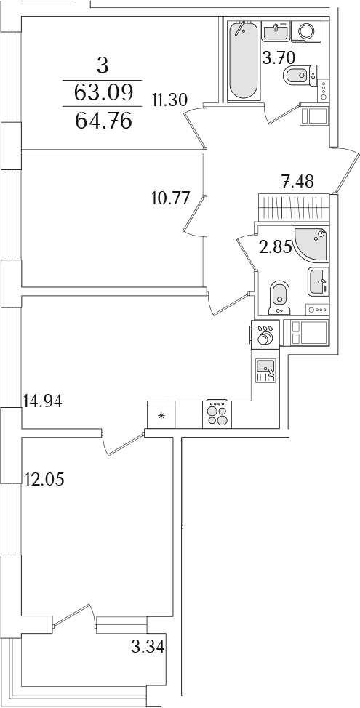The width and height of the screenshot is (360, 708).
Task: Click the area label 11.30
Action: point(169,100)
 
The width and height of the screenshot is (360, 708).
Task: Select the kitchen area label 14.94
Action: point(43,401)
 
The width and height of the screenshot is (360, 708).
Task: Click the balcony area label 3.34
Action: point(147,648)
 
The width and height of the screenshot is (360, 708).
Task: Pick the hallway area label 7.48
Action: point(297,182)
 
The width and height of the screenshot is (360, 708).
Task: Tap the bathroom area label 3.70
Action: point(279,58)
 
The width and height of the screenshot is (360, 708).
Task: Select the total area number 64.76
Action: point(103,121)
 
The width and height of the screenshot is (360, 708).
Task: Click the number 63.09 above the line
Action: point(103,93)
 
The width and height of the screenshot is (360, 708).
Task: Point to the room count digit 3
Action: point(103,66)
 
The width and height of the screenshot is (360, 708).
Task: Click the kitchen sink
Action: point(265,370)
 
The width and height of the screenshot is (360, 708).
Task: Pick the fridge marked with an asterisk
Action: point(161,414)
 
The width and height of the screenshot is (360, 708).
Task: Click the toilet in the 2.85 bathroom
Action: point(279,297)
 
